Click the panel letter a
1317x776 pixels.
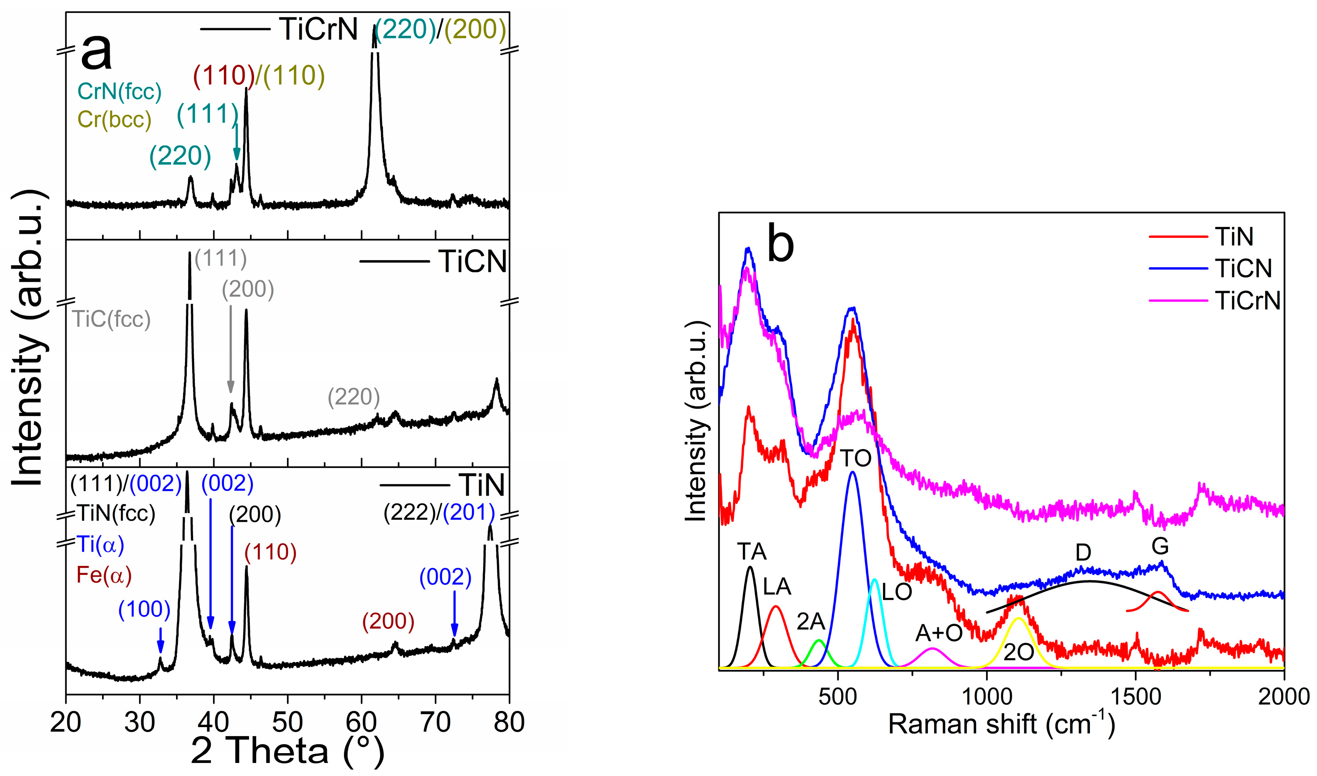pyautogui.click(x=97, y=52)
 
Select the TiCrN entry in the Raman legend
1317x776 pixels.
pyautogui.click(x=1248, y=300)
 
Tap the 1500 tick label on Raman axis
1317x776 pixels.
pyautogui.click(x=1135, y=697)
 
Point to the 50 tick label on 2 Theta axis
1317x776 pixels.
pyautogui.click(x=287, y=723)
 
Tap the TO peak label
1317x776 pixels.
pyautogui.click(x=856, y=459)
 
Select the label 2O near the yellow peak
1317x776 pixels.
pyautogui.click(x=1018, y=652)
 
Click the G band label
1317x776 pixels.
pyautogui.click(x=1160, y=547)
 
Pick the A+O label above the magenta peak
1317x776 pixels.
pyautogui.click(x=939, y=633)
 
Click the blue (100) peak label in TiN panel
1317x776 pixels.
pyautogui.click(x=144, y=610)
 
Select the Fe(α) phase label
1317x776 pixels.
pyautogui.click(x=104, y=576)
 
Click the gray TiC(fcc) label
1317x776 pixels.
pyautogui.click(x=111, y=319)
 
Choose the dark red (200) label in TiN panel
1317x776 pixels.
pyautogui.click(x=388, y=621)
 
